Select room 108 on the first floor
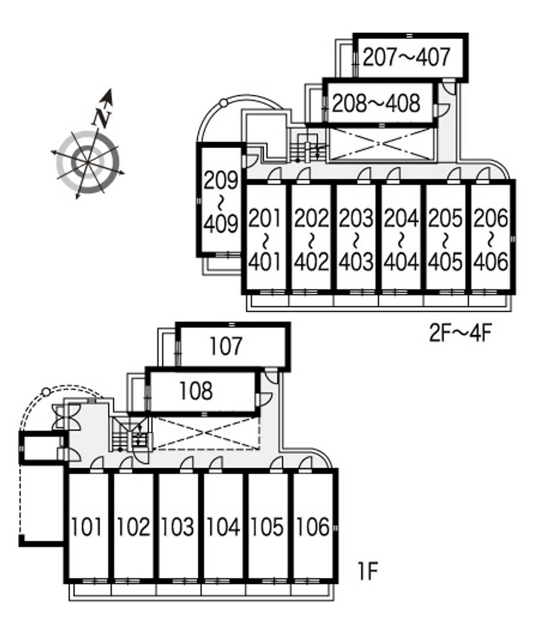pyautogui.click(x=202, y=392)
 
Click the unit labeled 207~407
pyautogui.click(x=410, y=57)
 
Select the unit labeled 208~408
pyautogui.click(x=380, y=103)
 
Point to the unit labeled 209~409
pyautogui.click(x=221, y=200)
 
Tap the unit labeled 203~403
pyautogui.click(x=356, y=238)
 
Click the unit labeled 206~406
pyautogui.click(x=491, y=238)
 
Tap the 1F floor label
pyautogui.click(x=368, y=571)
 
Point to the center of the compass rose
pyautogui.click(x=87, y=162)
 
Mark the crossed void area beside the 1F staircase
pyautogui.click(x=206, y=433)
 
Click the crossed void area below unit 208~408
pyautogui.click(x=381, y=144)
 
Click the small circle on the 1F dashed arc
pyautogui.click(x=46, y=392)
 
